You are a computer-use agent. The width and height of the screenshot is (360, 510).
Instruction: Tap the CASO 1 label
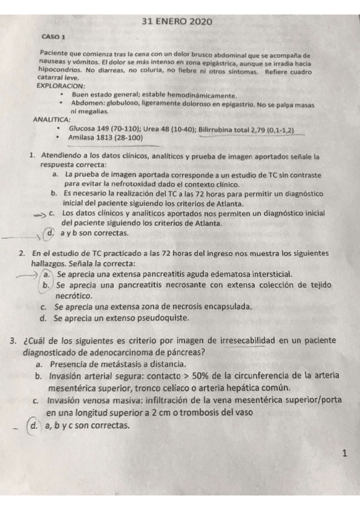(x=53, y=37)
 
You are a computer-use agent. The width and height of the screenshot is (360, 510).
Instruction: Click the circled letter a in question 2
(x=46, y=274)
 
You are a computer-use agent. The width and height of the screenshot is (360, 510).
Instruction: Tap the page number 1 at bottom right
(x=344, y=454)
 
